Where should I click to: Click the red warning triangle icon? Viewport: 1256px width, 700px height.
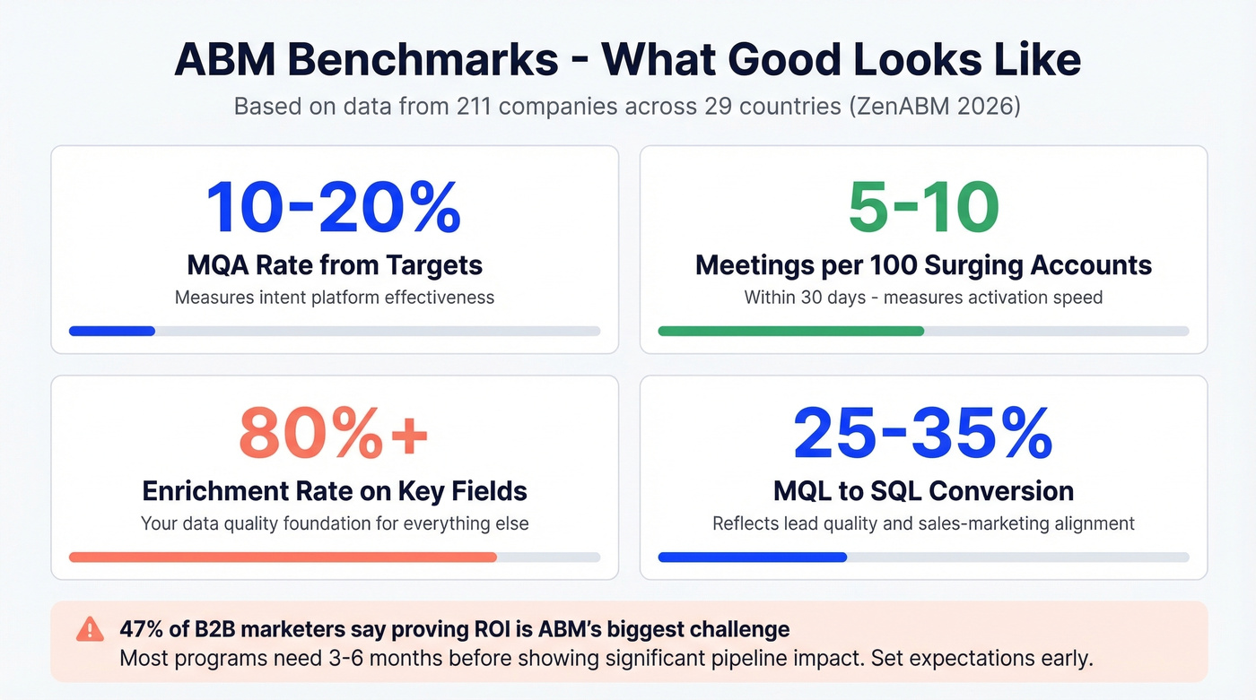(90, 629)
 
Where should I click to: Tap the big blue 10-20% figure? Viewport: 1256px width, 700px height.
(334, 208)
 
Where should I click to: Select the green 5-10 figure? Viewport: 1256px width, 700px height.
(923, 208)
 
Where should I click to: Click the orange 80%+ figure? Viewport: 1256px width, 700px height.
(334, 434)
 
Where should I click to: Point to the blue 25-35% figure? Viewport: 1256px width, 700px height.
(923, 434)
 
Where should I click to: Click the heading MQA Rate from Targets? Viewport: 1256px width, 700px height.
(334, 265)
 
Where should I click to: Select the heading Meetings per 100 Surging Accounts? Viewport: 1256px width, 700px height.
(923, 265)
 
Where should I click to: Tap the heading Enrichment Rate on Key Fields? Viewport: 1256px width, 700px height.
(334, 491)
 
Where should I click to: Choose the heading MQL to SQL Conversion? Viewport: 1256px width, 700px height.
(923, 491)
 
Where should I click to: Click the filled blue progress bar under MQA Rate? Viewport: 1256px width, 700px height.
(112, 331)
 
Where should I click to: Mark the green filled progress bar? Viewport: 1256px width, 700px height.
(790, 331)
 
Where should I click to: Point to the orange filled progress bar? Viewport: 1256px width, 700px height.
(283, 557)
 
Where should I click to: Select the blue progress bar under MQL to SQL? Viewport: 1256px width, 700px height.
(752, 557)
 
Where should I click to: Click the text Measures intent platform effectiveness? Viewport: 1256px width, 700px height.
(334, 297)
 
